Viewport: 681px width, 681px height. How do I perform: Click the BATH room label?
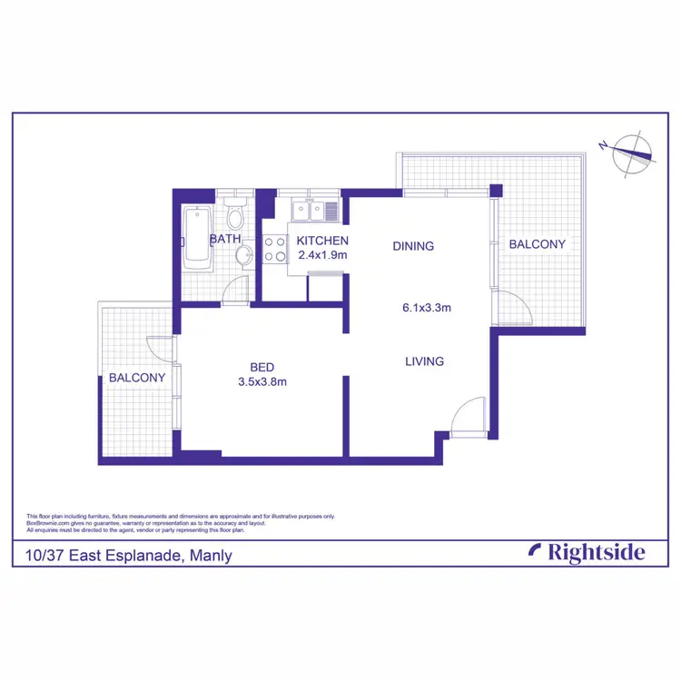[225, 240]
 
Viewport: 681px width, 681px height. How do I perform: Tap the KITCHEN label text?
[322, 241]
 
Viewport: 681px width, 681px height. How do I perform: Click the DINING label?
[413, 246]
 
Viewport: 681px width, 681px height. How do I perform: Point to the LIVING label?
[424, 361]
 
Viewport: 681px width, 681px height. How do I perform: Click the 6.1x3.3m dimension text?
[427, 307]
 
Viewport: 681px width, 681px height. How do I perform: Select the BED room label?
[262, 367]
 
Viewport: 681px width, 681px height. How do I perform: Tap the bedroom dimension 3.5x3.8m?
[262, 381]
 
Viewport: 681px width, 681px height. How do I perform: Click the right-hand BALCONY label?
[537, 244]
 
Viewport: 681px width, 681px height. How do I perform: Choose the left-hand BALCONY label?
[137, 378]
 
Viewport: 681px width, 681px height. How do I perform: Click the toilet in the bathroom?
[234, 216]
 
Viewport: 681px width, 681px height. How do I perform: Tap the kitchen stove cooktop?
[274, 250]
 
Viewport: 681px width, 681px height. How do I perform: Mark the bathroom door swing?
[235, 290]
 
